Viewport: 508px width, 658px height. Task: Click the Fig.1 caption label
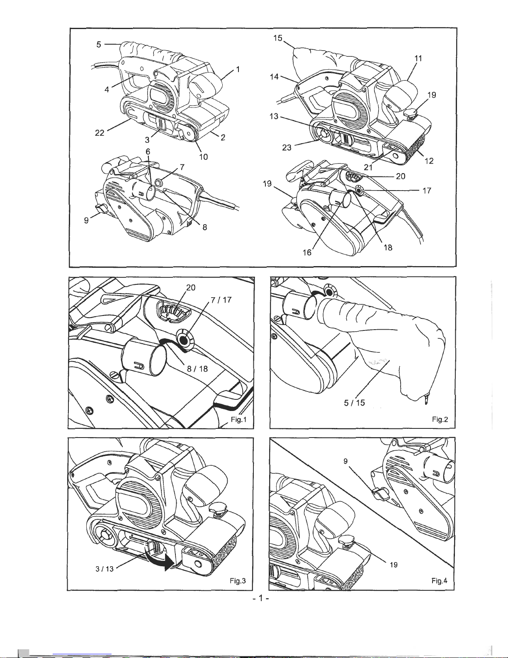coord(239,419)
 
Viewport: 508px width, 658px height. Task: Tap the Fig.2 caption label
coord(440,419)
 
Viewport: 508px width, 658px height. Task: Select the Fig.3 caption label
coord(238,581)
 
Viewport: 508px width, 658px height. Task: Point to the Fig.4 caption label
coord(439,581)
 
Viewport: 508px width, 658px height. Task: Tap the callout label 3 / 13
coord(105,569)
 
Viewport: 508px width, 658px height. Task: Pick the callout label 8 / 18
coord(197,369)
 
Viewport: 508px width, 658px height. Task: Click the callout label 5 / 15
coord(355,403)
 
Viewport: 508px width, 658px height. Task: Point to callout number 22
coord(100,132)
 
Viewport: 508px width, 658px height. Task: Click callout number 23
coord(287,147)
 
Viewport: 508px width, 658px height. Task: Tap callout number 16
coord(307,252)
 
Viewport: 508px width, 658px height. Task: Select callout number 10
coord(204,157)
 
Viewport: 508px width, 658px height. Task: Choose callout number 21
coord(368,167)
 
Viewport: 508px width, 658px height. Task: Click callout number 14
coord(274,77)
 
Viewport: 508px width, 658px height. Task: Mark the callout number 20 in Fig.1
coord(191,287)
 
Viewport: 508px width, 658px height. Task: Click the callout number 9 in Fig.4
coord(345,461)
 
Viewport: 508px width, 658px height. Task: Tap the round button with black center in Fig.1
coord(183,340)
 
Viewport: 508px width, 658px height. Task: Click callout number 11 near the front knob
coord(418,58)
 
